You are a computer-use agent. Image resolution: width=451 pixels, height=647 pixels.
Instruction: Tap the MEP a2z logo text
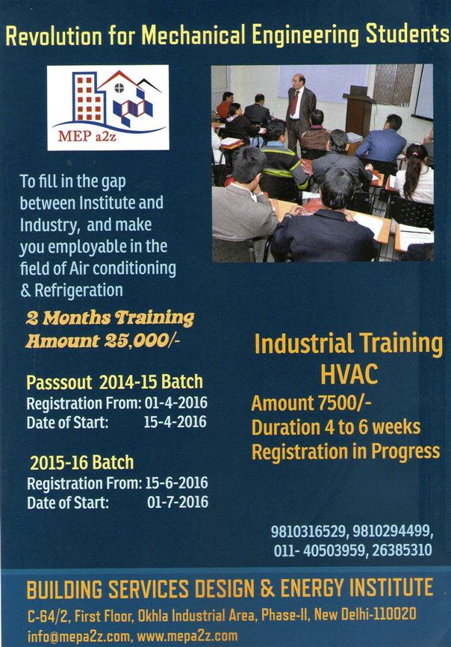click(x=87, y=135)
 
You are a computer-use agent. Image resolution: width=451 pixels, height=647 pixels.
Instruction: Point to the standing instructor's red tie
click(x=294, y=102)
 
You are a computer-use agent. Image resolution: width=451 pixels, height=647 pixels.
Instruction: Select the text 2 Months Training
click(x=110, y=318)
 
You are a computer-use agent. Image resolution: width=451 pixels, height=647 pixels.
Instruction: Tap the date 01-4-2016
click(x=176, y=402)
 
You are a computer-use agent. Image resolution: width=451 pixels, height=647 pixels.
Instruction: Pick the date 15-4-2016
click(x=175, y=422)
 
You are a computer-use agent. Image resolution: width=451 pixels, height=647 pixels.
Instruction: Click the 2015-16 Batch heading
click(x=82, y=462)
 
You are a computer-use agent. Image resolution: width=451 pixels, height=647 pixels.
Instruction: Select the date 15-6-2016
click(x=177, y=482)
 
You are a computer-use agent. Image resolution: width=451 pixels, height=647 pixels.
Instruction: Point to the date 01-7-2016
click(x=178, y=502)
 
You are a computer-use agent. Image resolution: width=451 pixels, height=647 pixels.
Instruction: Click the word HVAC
click(x=349, y=375)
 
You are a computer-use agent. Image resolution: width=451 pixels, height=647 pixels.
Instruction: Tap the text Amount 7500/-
click(x=311, y=403)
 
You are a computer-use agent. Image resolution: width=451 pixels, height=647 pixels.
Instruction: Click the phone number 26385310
click(x=402, y=551)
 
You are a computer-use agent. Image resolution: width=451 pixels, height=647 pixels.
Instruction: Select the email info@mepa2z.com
click(x=78, y=637)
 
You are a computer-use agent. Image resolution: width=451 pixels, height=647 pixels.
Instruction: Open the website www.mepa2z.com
click(x=187, y=637)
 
